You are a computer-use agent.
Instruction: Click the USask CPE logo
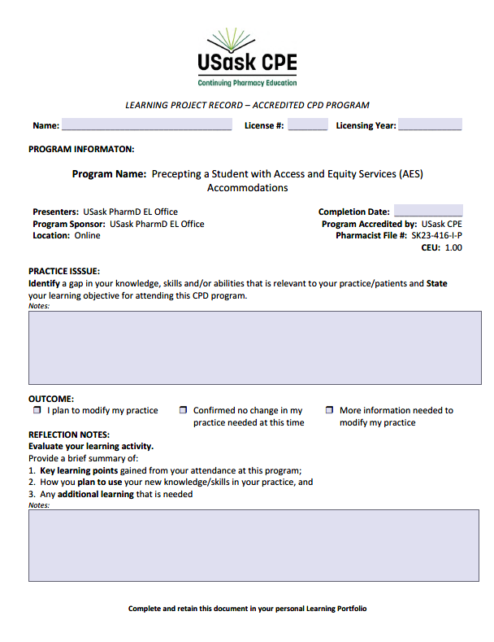click(x=247, y=59)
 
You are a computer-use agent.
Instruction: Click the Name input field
click(x=146, y=125)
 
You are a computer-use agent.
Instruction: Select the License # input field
click(x=307, y=125)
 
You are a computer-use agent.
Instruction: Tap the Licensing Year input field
click(x=430, y=125)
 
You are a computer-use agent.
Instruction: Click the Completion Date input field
click(x=428, y=212)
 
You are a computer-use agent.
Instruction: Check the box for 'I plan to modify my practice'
click(x=37, y=411)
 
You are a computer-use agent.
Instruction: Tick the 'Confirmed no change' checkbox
click(x=184, y=411)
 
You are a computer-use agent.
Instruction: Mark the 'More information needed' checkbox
click(x=329, y=411)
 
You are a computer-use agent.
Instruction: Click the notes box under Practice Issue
click(x=246, y=347)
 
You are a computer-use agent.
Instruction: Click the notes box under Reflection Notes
click(x=246, y=546)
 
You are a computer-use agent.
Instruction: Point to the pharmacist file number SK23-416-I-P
click(x=436, y=236)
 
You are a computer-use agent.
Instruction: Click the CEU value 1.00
click(x=453, y=248)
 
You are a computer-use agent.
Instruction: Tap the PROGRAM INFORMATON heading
click(x=81, y=149)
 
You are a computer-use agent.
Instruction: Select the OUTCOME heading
click(x=51, y=399)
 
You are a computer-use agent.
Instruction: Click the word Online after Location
click(x=87, y=236)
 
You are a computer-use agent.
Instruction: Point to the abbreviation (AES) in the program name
click(x=411, y=174)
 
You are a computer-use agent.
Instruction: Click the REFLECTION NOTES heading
click(x=69, y=435)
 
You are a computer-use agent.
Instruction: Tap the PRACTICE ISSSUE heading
click(x=64, y=272)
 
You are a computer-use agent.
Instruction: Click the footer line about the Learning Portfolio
click(x=247, y=609)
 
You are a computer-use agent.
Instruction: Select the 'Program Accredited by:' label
click(x=369, y=224)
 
